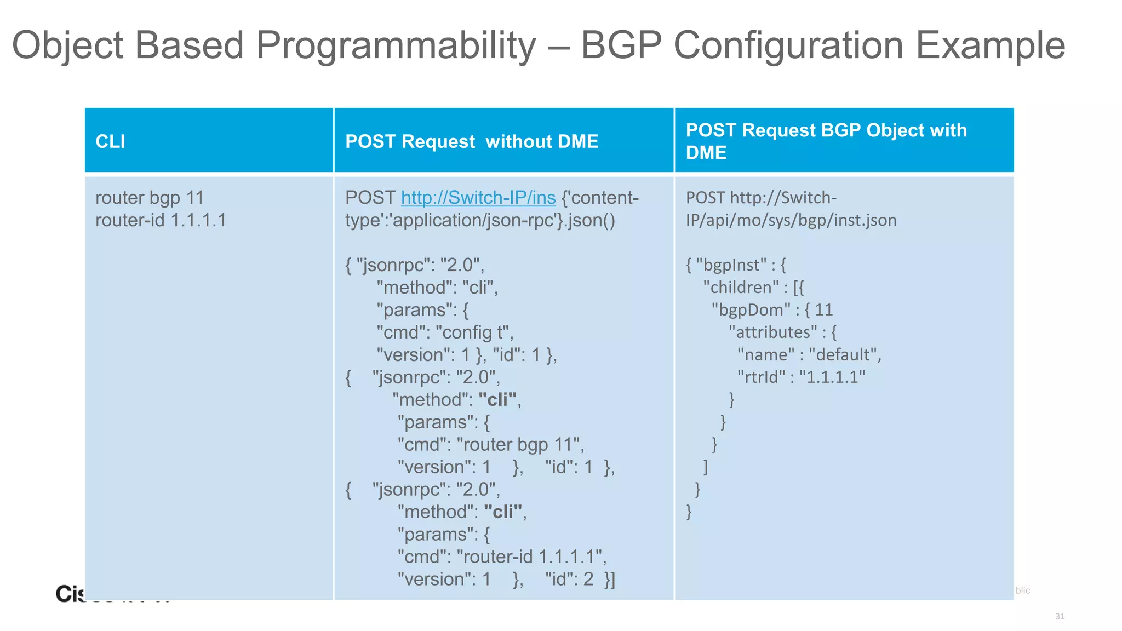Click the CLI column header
tap(110, 141)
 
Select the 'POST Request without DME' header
tap(471, 141)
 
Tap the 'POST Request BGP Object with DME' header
tap(826, 141)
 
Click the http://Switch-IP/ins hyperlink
tap(478, 198)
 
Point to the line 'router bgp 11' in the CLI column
tap(150, 198)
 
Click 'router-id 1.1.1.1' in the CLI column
tap(161, 220)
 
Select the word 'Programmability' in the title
tap(396, 45)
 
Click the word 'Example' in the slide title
tap(990, 45)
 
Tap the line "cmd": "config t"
tap(444, 332)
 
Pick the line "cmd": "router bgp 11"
tap(490, 445)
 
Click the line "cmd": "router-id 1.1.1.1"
tap(501, 557)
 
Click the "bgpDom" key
tap(751, 310)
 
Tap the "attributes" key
tap(772, 332)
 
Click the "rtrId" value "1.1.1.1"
tap(832, 377)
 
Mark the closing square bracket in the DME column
tap(706, 467)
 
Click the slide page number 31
tap(1060, 617)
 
